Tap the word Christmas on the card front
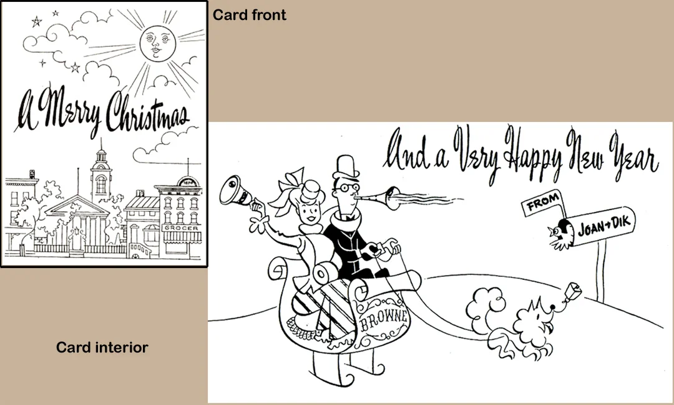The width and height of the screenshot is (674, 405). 147,113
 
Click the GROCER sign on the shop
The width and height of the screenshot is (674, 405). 182,227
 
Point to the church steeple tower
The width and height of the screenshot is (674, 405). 101,172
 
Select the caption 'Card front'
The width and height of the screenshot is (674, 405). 249,15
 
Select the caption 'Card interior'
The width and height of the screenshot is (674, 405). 102,347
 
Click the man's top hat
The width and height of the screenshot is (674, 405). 346,167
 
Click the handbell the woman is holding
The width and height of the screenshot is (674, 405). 235,191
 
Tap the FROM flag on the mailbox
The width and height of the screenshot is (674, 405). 542,202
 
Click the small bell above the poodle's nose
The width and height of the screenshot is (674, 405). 574,291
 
